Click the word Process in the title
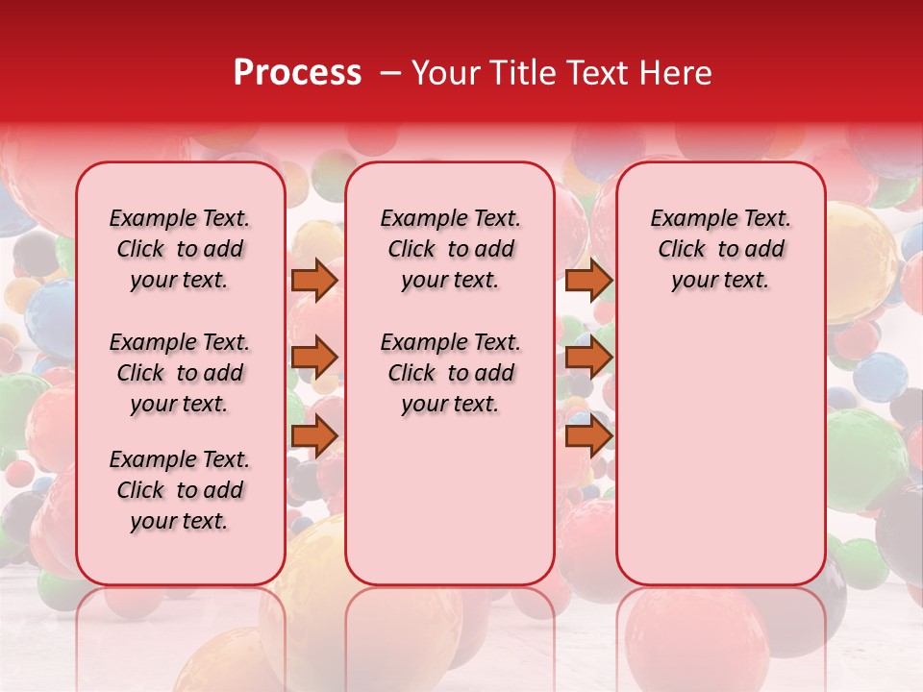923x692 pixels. pyautogui.click(x=297, y=73)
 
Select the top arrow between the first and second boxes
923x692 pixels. pyautogui.click(x=313, y=280)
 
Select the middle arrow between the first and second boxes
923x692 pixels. pyautogui.click(x=313, y=358)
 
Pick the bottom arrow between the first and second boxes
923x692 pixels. pyautogui.click(x=313, y=436)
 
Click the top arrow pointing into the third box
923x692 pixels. pyautogui.click(x=588, y=280)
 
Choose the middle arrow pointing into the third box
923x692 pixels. pyautogui.click(x=588, y=358)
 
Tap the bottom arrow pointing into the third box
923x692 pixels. pyautogui.click(x=588, y=436)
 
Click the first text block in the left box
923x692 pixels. pyautogui.click(x=180, y=249)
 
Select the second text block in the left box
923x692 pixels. pyautogui.click(x=180, y=373)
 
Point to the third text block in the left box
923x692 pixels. pyautogui.click(x=180, y=490)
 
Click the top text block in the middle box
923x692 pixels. pyautogui.click(x=450, y=249)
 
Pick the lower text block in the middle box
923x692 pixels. pyautogui.click(x=450, y=373)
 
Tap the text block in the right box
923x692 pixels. pyautogui.click(x=720, y=249)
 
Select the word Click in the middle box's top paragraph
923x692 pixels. pyautogui.click(x=412, y=250)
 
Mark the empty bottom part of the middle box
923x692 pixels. pyautogui.click(x=450, y=509)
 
